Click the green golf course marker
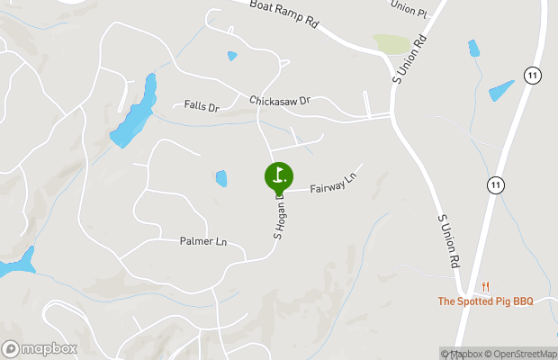(279, 175)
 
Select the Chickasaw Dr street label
(279, 100)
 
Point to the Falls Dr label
(202, 106)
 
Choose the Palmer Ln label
(202, 241)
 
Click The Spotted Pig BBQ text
(485, 301)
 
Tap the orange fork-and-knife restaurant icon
(485, 286)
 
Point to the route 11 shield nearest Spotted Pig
(495, 184)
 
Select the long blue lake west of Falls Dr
(133, 114)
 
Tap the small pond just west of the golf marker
(221, 178)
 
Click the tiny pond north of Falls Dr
(232, 56)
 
